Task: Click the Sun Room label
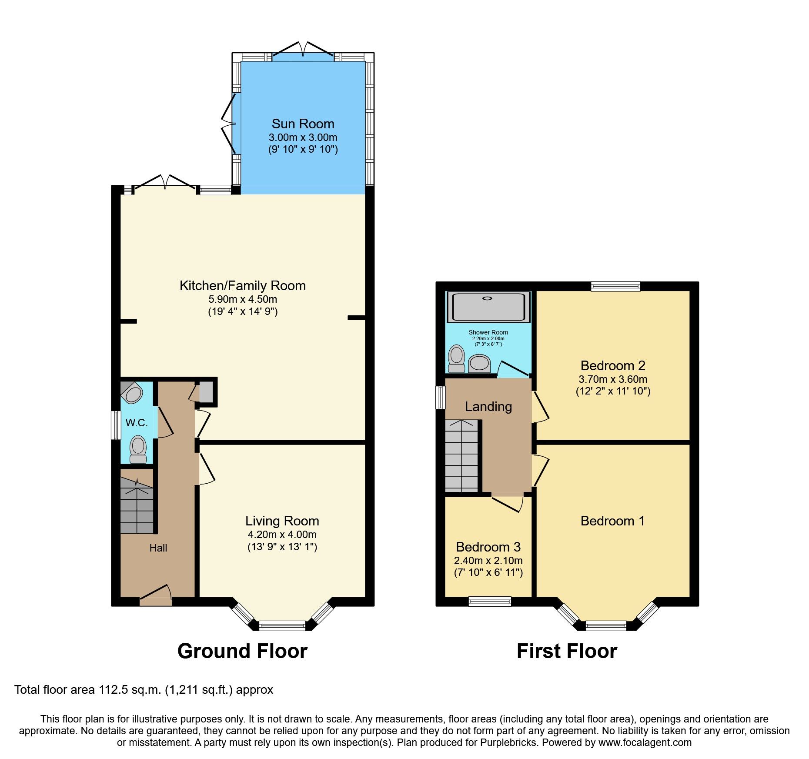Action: [x=303, y=124]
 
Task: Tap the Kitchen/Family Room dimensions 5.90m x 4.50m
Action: [x=243, y=299]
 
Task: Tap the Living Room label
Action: [x=282, y=521]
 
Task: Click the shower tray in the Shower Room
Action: [x=488, y=307]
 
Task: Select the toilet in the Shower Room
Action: [x=456, y=359]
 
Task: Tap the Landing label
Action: [x=488, y=407]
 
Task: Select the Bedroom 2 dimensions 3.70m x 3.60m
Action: [x=612, y=379]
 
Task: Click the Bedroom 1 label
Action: [x=612, y=521]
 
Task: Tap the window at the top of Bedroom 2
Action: [x=615, y=286]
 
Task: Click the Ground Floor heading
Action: [x=242, y=651]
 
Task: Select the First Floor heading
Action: [x=567, y=651]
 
